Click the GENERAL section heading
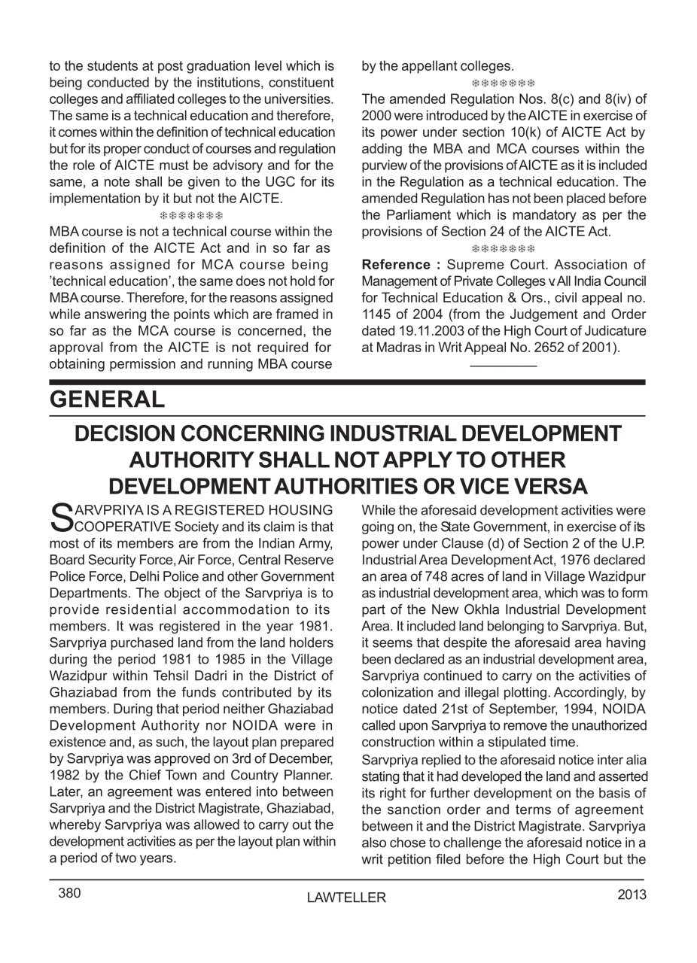pos(107,400)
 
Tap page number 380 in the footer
pos(69,894)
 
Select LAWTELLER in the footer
pos(346,898)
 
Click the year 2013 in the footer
pos(632,895)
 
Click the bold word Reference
pos(396,265)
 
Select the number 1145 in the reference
pos(378,314)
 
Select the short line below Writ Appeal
pos(503,366)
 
